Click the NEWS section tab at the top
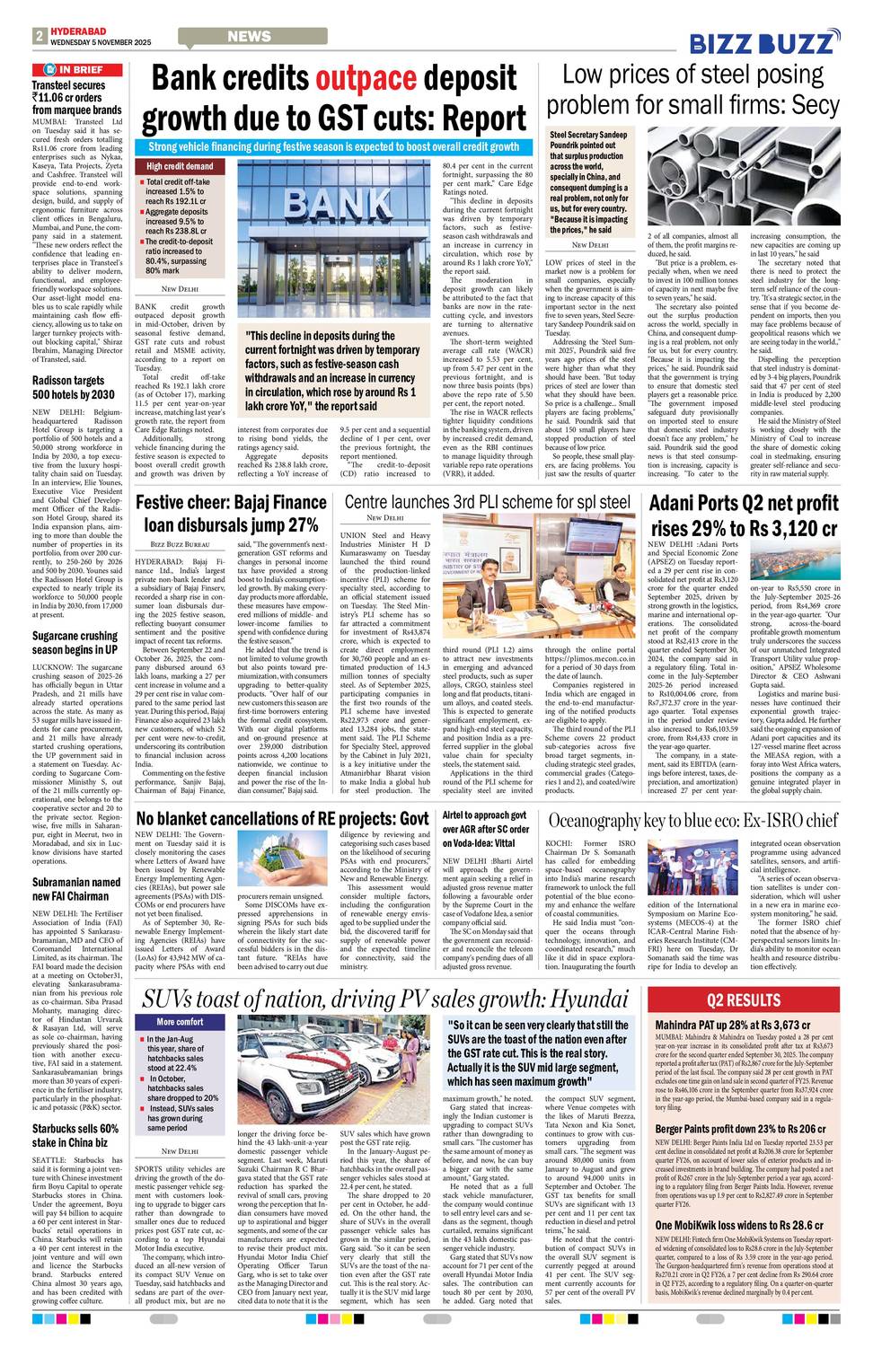pos(249,37)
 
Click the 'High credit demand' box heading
pos(181,166)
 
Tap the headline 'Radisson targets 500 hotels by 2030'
pos(74,387)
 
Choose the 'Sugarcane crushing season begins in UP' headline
pos(75,642)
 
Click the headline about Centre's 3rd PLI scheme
pos(487,502)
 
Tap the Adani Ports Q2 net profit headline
pos(744,515)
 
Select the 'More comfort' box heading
pos(180,1022)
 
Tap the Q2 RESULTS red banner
pos(744,1000)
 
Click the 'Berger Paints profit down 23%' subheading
pos(740,1129)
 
